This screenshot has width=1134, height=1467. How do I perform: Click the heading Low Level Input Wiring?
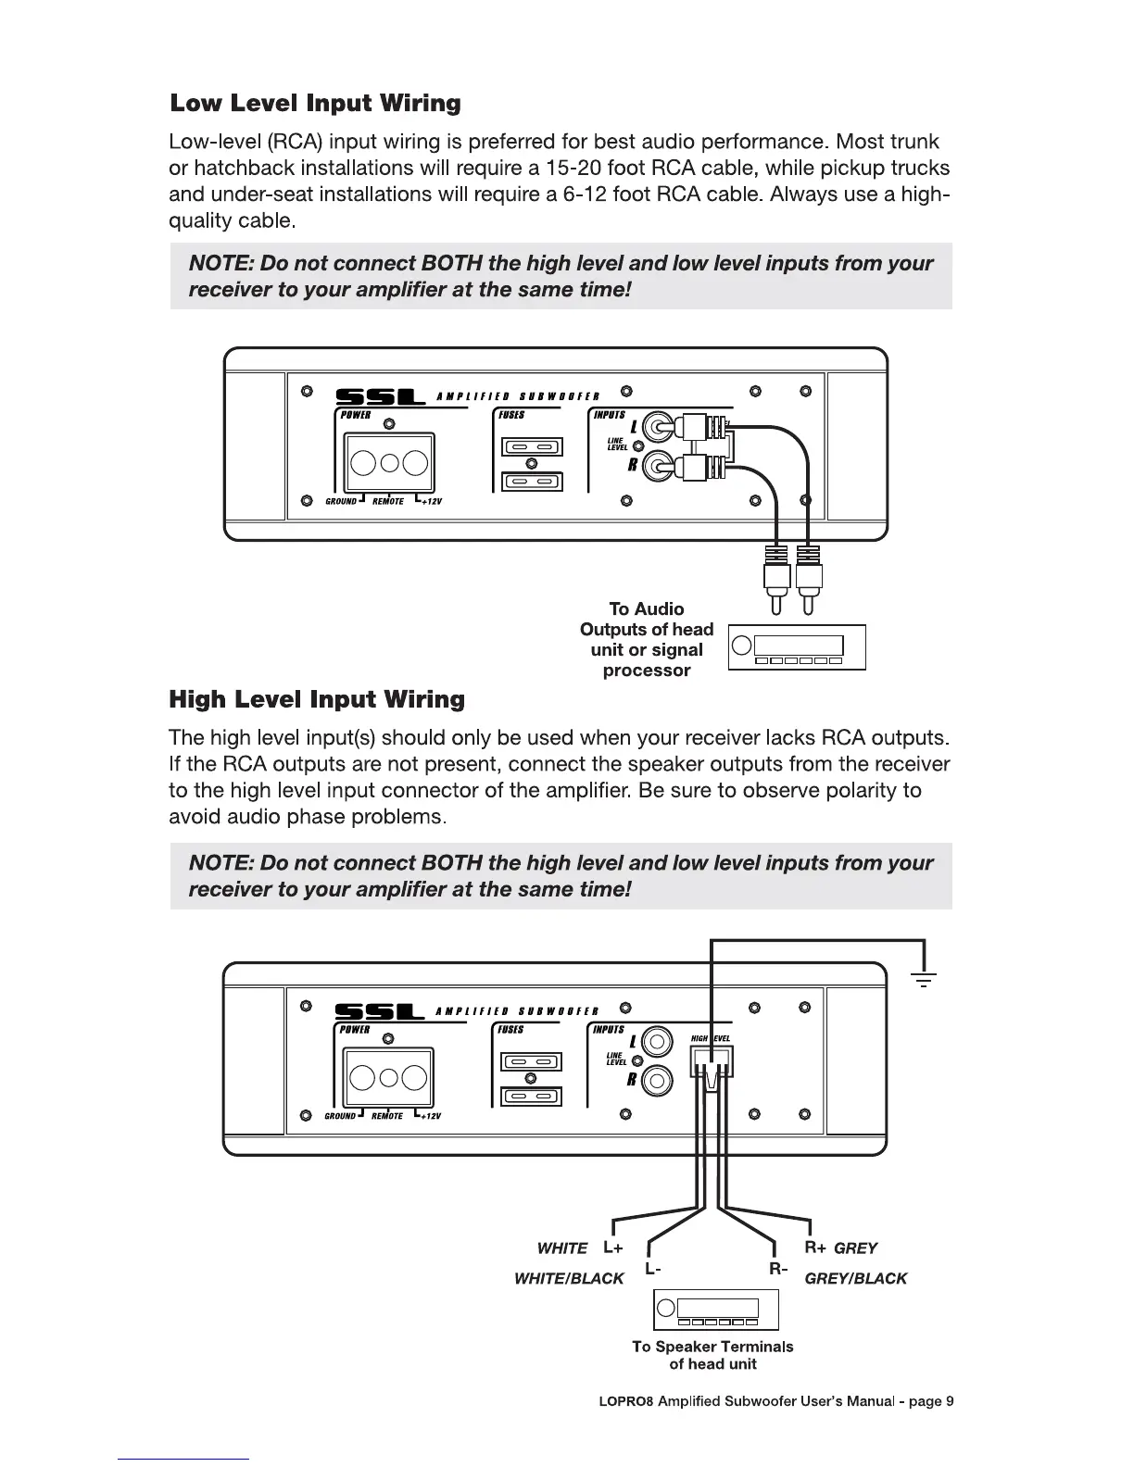point(315,103)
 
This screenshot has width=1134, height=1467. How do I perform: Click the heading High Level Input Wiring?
point(316,699)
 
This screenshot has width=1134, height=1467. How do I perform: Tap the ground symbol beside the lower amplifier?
point(924,978)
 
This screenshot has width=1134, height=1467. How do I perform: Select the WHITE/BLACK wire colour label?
point(569,1279)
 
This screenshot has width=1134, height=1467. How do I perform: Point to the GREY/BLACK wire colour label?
point(855,1279)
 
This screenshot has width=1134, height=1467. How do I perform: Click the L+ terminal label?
point(612,1248)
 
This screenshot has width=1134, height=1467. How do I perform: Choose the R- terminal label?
point(777,1268)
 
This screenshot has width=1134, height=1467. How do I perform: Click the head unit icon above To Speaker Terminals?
point(715,1309)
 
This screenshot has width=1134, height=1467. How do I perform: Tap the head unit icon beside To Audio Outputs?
point(797,646)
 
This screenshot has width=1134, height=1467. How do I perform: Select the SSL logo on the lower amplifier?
point(379,1011)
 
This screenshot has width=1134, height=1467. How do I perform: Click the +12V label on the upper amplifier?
point(431,502)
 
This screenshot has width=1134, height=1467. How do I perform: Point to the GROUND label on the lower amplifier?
point(340,1116)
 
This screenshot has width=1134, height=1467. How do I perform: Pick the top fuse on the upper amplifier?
point(531,447)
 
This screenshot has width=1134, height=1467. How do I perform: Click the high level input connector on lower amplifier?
point(712,1063)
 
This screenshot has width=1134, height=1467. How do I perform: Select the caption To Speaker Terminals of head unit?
point(712,1355)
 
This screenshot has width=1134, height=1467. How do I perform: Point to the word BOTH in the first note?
point(451,264)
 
